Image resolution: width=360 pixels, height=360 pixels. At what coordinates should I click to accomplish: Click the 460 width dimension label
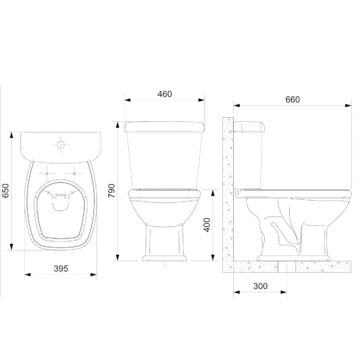(x=165, y=94)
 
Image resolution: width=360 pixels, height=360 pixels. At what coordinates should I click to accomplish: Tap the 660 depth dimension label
(x=292, y=99)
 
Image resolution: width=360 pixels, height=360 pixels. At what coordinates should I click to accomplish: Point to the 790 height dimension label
(x=112, y=190)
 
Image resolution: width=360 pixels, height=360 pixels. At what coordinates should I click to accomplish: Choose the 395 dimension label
(x=61, y=268)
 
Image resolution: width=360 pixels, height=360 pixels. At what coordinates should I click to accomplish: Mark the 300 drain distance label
(x=260, y=286)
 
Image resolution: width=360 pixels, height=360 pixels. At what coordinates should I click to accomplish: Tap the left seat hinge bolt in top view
(x=48, y=173)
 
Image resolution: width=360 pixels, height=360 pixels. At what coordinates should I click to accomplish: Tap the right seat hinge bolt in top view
(x=74, y=173)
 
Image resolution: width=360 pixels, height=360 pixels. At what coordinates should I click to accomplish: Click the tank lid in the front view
(x=165, y=126)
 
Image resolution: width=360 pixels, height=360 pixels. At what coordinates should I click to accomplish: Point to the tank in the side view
(x=249, y=154)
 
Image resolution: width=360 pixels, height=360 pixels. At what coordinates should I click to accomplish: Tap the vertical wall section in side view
(x=228, y=187)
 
